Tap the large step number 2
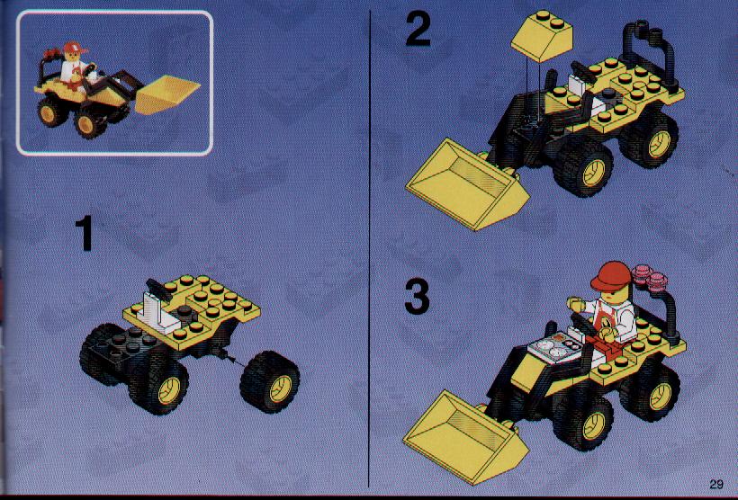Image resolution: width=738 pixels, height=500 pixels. [418, 29]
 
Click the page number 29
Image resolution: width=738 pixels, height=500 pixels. [716, 484]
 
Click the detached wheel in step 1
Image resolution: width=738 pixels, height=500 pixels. [270, 382]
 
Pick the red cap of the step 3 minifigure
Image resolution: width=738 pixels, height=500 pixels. [610, 276]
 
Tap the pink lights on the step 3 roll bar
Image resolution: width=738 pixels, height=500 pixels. [649, 277]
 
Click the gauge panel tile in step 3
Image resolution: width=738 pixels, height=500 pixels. [554, 349]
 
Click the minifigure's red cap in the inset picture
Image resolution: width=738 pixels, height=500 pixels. [76, 48]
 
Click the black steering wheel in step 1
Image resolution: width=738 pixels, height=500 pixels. [158, 290]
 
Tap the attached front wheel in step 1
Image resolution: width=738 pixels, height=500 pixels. [160, 384]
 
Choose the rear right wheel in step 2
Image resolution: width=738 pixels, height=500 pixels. [652, 138]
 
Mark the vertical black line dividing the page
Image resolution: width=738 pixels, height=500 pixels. [370, 249]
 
